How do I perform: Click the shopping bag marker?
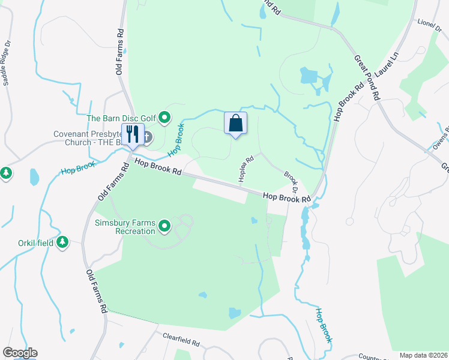236,124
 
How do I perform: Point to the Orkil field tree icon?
62,242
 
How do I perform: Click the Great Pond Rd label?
367,78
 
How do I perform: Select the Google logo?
20,353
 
